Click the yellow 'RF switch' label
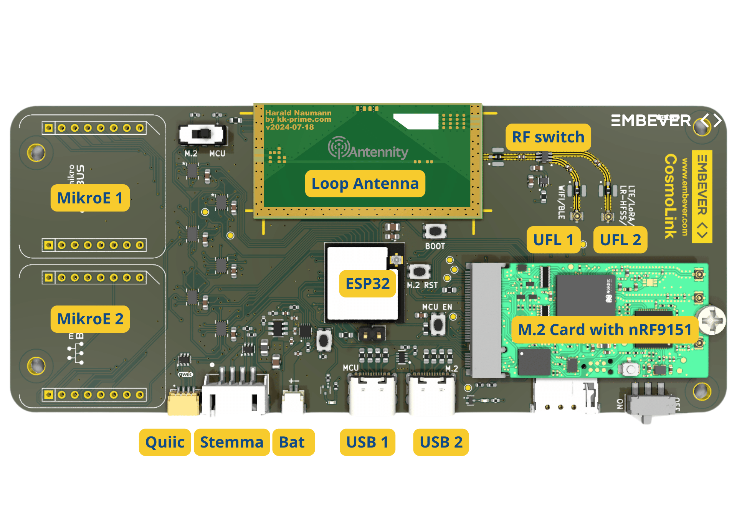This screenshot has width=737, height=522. (548, 137)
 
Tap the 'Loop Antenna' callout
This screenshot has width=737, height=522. (365, 183)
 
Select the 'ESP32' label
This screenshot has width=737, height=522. (367, 284)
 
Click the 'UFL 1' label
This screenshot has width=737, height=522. (553, 240)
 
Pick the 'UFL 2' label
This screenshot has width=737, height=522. (620, 240)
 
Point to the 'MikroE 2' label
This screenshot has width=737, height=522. (90, 319)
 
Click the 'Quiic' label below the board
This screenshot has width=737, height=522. (165, 442)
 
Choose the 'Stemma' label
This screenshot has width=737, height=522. (231, 442)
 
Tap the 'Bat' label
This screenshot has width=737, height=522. (293, 442)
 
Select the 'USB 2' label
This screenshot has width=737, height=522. (441, 442)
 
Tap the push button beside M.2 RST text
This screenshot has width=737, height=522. (419, 271)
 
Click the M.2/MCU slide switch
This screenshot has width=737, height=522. (202, 134)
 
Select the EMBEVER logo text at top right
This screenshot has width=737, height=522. (651, 121)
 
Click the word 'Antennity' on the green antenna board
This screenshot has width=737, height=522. (378, 152)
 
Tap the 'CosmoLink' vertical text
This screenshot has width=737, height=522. (671, 196)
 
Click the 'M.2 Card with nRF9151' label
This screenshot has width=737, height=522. (605, 330)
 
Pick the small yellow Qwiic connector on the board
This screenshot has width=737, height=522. (184, 403)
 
